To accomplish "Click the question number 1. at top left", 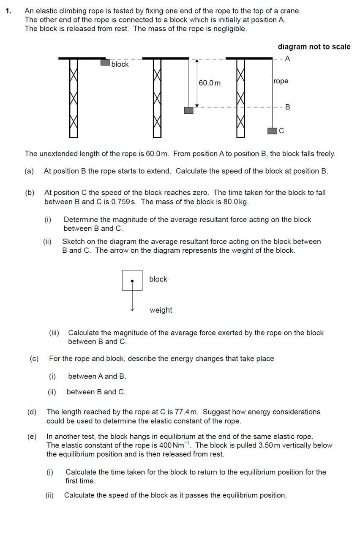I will pos(8,11).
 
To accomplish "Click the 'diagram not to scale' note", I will pos(314,46).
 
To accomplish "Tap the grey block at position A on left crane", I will pos(105,62).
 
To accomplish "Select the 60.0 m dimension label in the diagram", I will pos(210,83).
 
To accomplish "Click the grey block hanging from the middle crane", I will pos(188,110).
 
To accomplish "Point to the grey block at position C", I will pos(272,131).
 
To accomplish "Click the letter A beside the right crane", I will pos(288,59).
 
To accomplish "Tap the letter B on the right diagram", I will pos(288,107).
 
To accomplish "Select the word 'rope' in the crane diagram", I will pos(281,81).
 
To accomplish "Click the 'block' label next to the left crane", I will pos(120,64).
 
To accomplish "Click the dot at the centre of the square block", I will pos(132,281).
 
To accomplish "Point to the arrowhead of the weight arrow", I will pos(132,309).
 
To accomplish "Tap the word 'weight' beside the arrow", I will pos(161,310).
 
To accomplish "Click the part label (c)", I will pos(34,358).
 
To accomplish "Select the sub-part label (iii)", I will pos(54,333).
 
